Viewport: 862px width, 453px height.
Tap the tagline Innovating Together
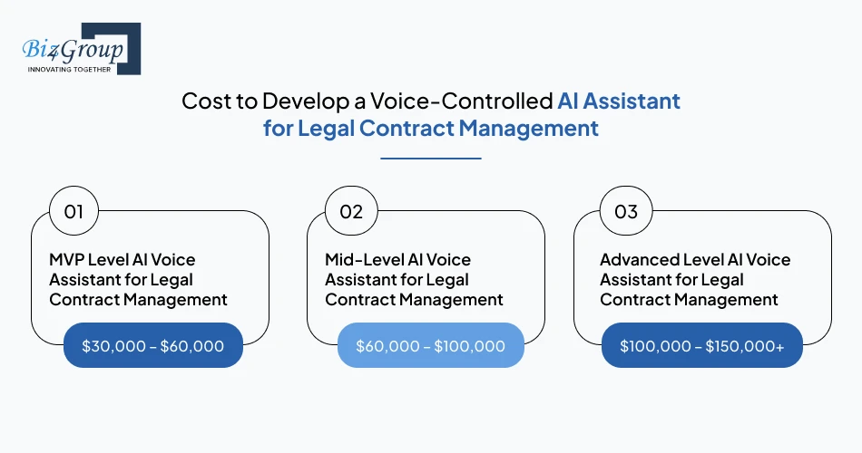(x=69, y=68)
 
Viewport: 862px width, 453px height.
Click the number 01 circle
(x=73, y=212)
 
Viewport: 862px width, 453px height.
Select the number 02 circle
(x=350, y=212)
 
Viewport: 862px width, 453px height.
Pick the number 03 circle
(x=626, y=212)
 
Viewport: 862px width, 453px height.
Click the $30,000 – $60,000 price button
(x=152, y=345)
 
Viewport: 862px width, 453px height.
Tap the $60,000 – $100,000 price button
(x=430, y=345)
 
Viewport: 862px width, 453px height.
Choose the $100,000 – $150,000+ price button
(x=701, y=345)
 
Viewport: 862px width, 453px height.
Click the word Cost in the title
(x=206, y=101)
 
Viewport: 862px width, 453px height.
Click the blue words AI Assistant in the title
(x=619, y=101)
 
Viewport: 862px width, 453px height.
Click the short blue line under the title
(x=430, y=159)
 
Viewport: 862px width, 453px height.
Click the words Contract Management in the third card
(x=689, y=299)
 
